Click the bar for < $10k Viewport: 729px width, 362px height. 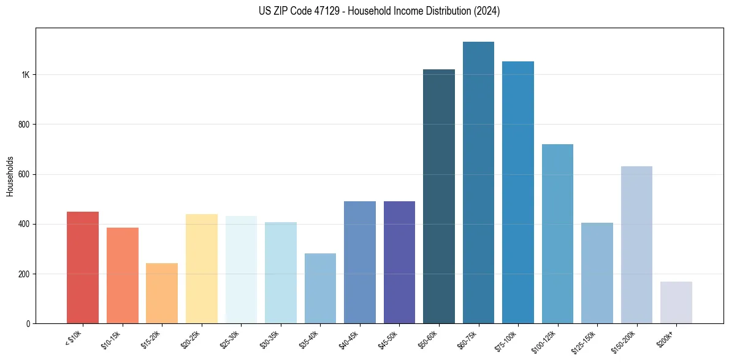tap(83, 268)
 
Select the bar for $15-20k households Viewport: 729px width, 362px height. tap(162, 293)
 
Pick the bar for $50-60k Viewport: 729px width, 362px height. tap(439, 196)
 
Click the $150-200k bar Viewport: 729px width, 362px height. tap(636, 245)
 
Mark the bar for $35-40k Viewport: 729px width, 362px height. tap(320, 288)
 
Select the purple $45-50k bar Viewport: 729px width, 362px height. tap(399, 263)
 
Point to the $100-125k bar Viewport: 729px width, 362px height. tap(557, 234)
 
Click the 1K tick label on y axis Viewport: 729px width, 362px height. tap(25, 75)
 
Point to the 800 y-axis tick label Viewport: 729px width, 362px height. tap(24, 125)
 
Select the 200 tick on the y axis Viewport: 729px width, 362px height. tap(24, 274)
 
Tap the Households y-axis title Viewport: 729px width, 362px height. tap(10, 176)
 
